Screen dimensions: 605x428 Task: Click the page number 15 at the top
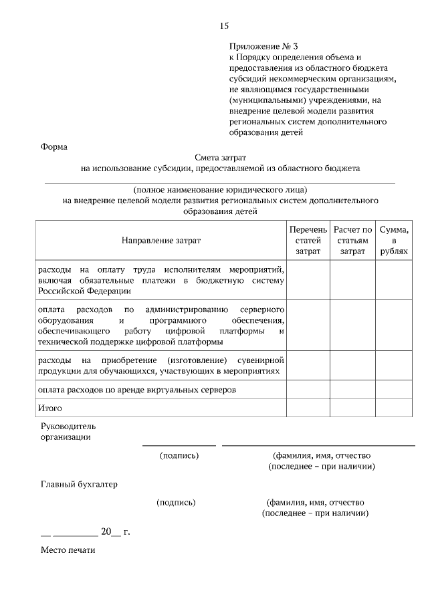pos(224,26)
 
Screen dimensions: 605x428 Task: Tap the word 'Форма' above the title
pos(54,146)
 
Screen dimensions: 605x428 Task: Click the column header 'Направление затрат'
pos(160,240)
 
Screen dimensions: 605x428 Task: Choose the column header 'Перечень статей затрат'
pos(308,240)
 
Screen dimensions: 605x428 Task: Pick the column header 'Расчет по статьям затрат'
pos(352,240)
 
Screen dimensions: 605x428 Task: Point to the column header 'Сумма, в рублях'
pos(394,240)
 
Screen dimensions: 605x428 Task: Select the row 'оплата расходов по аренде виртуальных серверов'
pos(137,389)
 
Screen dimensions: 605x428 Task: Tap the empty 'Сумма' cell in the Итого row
pos(394,407)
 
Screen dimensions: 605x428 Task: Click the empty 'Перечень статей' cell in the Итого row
pos(308,407)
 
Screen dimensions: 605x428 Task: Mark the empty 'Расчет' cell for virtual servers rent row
pos(352,389)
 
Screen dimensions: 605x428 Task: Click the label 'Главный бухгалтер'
pos(79,484)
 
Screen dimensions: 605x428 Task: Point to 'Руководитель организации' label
pos(68,431)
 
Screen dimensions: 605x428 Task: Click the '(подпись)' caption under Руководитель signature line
pos(179,455)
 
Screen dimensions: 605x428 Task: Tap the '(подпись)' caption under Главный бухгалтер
pos(176,501)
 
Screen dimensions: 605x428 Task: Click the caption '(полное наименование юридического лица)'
pos(220,189)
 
